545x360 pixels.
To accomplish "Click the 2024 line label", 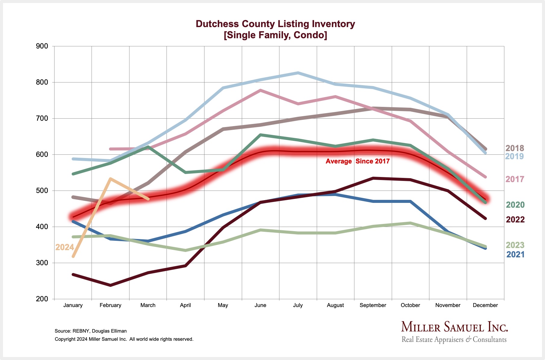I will click(64, 247).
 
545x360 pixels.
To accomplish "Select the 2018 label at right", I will click(515, 148).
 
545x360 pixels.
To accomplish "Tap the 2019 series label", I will click(515, 156).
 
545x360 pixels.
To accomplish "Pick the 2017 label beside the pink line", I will click(515, 179).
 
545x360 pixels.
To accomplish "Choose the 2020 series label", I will click(515, 205).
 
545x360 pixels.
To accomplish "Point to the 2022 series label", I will click(515, 219).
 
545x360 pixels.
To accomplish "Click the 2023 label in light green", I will click(515, 245).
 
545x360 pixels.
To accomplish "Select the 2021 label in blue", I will click(515, 254).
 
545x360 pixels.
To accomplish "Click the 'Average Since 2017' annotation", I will click(357, 161).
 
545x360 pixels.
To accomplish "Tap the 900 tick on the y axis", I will click(42, 46).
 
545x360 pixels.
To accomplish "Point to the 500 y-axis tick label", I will click(42, 191).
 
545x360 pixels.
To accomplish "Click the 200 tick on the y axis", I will click(42, 299).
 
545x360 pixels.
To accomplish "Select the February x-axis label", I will click(110, 305).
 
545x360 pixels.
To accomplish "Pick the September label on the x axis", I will click(372, 305).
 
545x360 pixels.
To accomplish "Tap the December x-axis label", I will click(485, 305).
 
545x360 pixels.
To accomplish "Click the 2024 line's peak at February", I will click(111, 179).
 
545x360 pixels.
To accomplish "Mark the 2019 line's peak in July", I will click(298, 73).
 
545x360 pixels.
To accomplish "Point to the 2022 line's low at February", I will click(111, 285).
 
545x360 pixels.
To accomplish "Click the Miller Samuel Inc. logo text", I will click(454, 327).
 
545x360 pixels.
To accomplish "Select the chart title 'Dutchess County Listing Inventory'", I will click(275, 24).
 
